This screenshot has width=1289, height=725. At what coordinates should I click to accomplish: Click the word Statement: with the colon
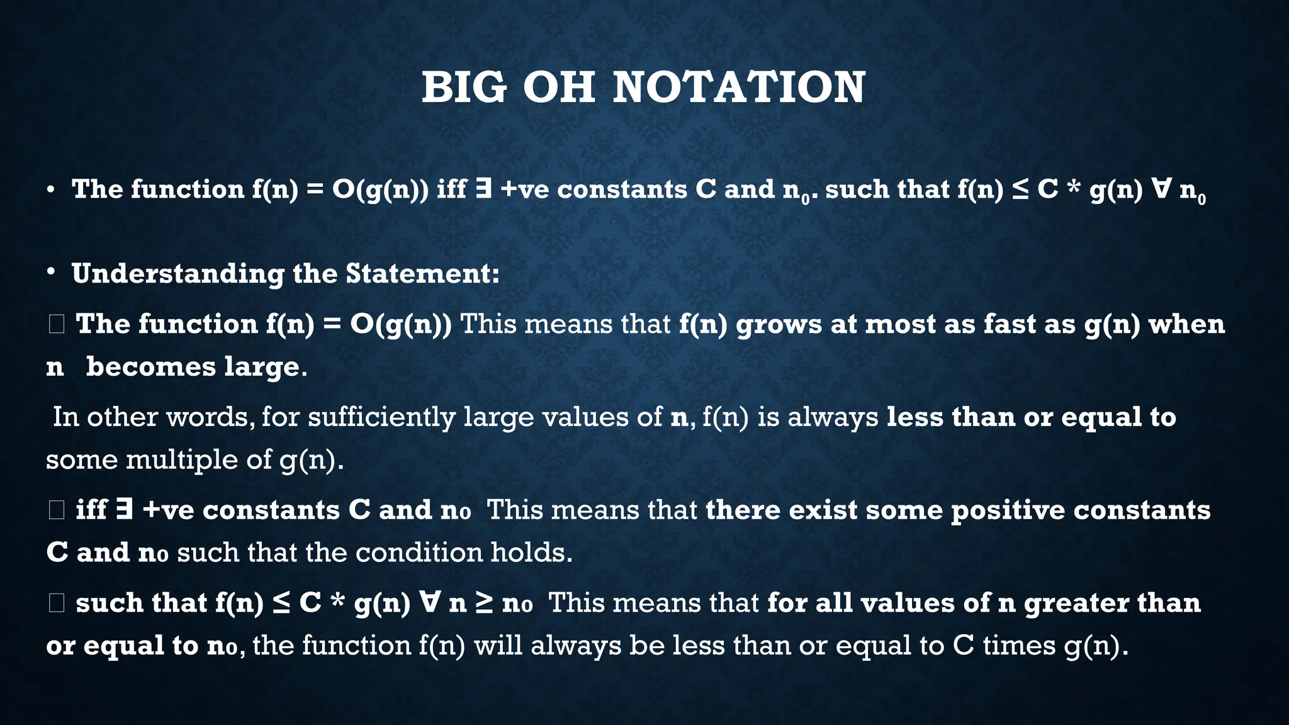pos(422,274)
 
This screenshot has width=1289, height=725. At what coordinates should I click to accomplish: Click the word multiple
pos(182,459)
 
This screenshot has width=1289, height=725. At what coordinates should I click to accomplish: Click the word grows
pos(779,324)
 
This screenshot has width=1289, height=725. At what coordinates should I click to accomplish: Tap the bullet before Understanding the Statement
pos(52,273)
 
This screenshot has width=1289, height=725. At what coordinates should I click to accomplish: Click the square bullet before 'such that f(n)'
pos(56,603)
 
